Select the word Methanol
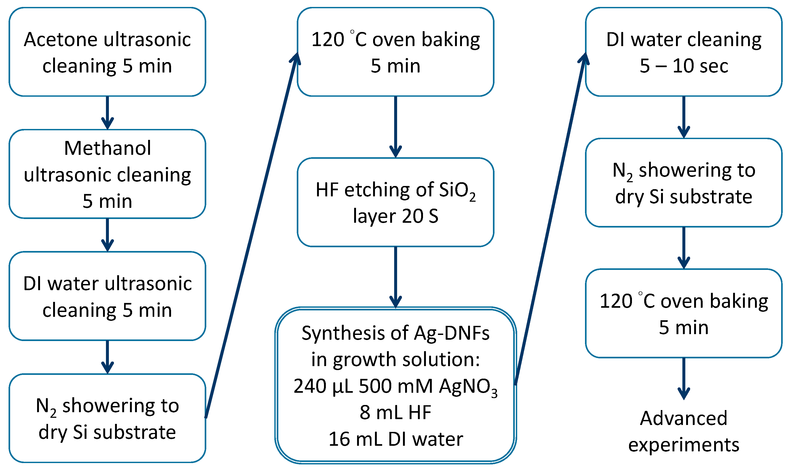[107, 148]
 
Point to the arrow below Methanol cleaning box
[107, 235]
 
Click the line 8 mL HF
[395, 413]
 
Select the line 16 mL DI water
[395, 439]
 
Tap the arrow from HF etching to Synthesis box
[395, 277]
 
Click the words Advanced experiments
[683, 432]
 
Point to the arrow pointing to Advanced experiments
[683, 378]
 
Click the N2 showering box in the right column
[683, 183]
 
